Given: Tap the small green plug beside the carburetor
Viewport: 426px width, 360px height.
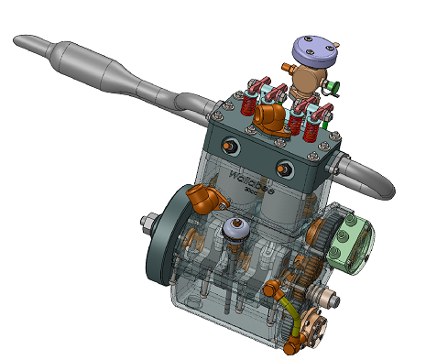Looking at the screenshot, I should click(334, 89).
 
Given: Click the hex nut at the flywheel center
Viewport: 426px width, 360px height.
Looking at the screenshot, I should click(147, 222).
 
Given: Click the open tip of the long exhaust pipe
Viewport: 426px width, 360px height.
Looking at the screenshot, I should click(20, 40).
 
